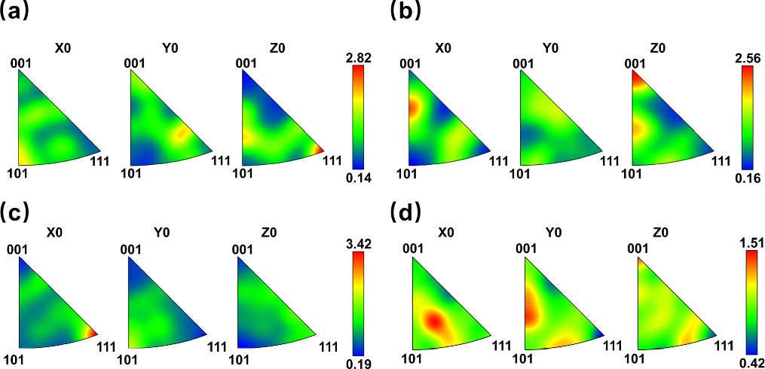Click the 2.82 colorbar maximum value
click(356, 55)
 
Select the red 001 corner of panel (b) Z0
click(636, 75)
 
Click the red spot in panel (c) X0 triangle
click(92, 332)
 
